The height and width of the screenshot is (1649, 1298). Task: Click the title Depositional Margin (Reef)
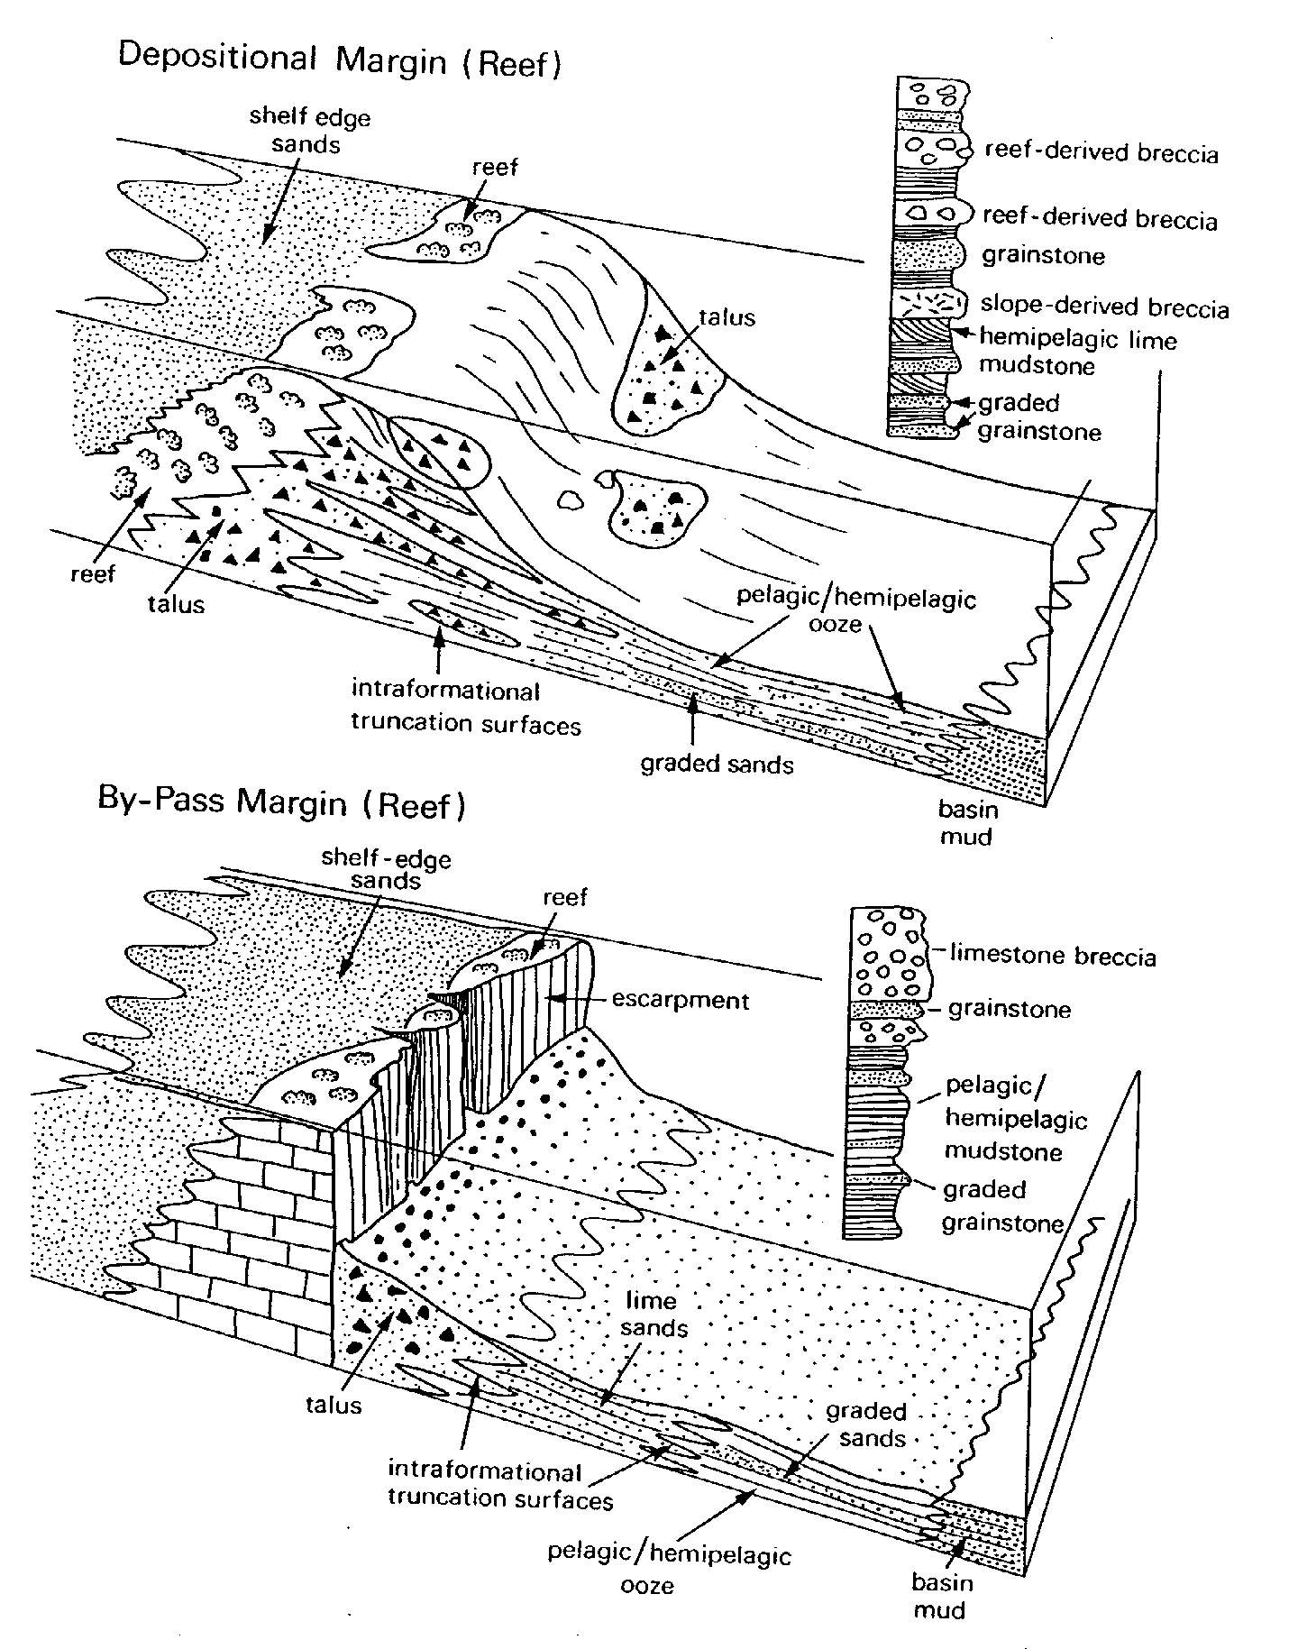[340, 61]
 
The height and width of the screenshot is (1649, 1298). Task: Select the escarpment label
[681, 1000]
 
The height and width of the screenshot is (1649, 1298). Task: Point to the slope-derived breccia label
[1105, 307]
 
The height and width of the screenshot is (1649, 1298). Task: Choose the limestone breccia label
[1053, 955]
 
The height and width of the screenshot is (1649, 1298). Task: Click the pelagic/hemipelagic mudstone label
[1016, 1118]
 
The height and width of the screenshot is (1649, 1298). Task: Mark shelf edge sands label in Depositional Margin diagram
[309, 131]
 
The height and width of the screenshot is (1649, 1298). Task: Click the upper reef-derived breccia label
[1101, 152]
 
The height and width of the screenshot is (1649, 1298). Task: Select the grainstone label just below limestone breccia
[1010, 1009]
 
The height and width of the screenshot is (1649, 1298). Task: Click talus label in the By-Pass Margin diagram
[334, 1404]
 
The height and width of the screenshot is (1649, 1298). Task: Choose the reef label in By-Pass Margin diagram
[565, 897]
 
